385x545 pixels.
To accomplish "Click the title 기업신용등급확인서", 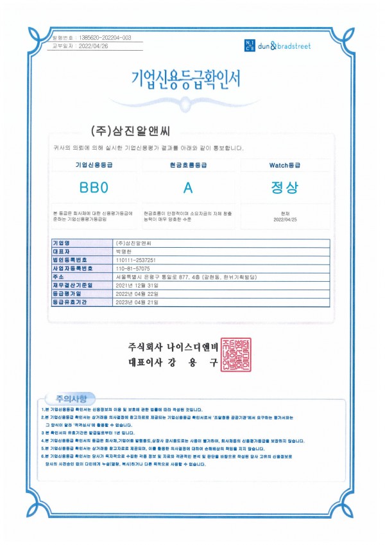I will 185,79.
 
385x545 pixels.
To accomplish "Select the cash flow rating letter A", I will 187,188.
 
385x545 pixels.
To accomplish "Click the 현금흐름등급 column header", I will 187,166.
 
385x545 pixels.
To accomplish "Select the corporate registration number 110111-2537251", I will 136,259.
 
